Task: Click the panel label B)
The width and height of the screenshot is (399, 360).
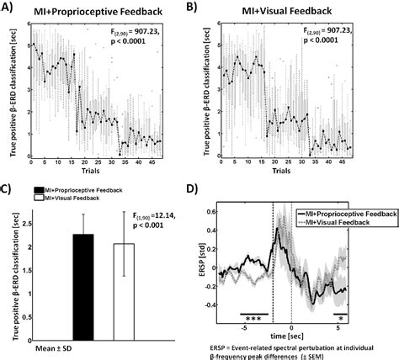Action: coord(215,9)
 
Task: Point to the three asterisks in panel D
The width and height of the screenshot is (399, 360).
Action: coord(253,320)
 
